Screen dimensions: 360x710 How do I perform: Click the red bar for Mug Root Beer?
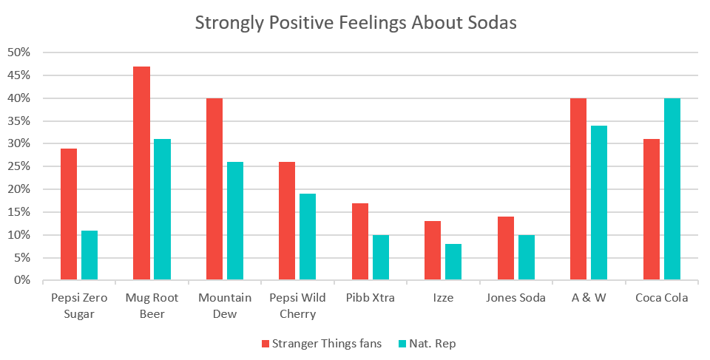pyautogui.click(x=141, y=174)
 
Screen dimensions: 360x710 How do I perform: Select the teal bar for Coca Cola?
pyautogui.click(x=672, y=189)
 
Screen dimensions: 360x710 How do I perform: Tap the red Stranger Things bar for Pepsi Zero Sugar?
pyautogui.click(x=69, y=214)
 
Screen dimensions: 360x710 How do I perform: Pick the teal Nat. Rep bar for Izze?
pyautogui.click(x=453, y=262)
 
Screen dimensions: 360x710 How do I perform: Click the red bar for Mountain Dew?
pyautogui.click(x=214, y=189)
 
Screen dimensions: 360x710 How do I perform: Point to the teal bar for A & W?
pyautogui.click(x=599, y=203)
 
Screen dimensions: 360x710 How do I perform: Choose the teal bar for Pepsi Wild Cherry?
pyautogui.click(x=308, y=237)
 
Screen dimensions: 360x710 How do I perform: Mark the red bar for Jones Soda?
pyautogui.click(x=505, y=248)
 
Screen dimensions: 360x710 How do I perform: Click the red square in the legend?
pyautogui.click(x=265, y=343)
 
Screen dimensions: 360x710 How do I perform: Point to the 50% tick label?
pyautogui.click(x=18, y=52)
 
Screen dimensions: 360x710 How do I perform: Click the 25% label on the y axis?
pyautogui.click(x=18, y=166)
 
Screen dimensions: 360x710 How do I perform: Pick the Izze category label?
pyautogui.click(x=444, y=299)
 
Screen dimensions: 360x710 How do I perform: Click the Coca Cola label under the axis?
pyautogui.click(x=661, y=299)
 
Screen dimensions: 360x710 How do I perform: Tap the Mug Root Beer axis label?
pyautogui.click(x=152, y=305)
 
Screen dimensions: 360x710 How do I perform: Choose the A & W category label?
pyautogui.click(x=589, y=299)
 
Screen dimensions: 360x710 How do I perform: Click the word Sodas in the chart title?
pyautogui.click(x=491, y=22)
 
